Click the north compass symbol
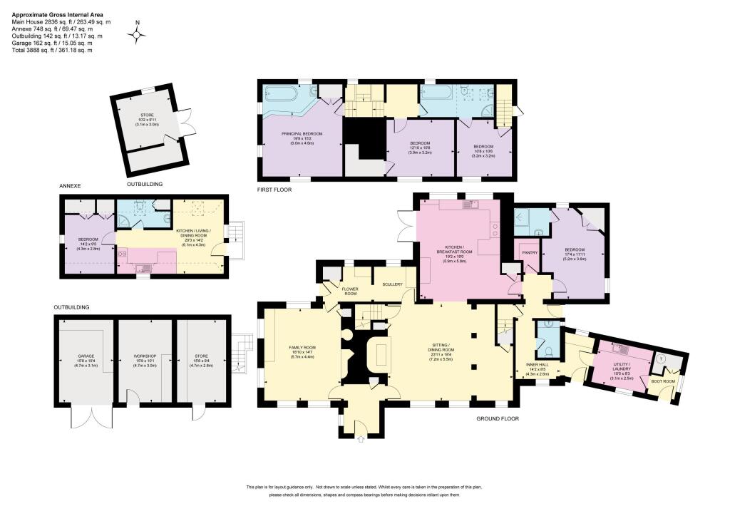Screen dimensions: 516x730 [137, 34]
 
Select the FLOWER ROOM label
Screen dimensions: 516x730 [349, 290]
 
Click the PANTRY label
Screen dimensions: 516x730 [529, 252]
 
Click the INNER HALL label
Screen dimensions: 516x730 [536, 367]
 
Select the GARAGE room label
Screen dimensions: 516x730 [86, 356]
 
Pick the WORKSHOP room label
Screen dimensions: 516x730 [145, 356]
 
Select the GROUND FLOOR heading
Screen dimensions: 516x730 [496, 419]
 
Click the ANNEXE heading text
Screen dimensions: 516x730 [71, 187]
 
